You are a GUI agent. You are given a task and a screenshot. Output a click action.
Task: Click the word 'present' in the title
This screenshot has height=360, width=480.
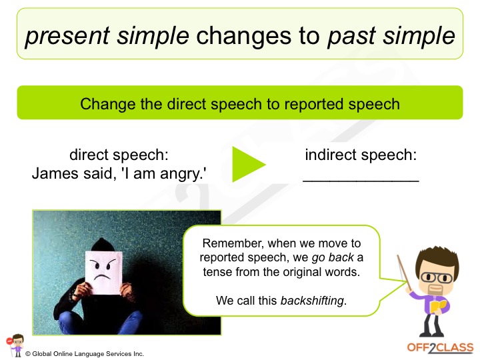pyautogui.click(x=67, y=37)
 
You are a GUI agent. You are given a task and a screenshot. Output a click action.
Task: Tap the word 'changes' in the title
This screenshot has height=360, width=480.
pyautogui.click(x=244, y=36)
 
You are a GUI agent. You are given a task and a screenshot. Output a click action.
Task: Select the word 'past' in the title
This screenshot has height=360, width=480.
pyautogui.click(x=351, y=37)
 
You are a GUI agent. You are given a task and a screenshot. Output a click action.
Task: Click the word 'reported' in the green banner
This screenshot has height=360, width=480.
pyautogui.click(x=314, y=105)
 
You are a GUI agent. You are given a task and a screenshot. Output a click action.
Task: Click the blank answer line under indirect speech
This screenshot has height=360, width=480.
pyautogui.click(x=361, y=181)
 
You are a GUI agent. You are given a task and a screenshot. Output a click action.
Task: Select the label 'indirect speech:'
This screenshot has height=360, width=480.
pyautogui.click(x=361, y=155)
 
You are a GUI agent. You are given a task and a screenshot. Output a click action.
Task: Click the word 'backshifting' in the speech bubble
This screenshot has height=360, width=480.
pyautogui.click(x=312, y=301)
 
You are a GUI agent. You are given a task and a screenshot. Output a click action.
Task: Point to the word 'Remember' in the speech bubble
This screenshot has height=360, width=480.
pyautogui.click(x=232, y=243)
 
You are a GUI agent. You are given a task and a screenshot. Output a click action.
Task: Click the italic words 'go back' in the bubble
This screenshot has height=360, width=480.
pyautogui.click(x=333, y=258)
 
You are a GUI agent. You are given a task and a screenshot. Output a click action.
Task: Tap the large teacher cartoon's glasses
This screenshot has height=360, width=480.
pyautogui.click(x=437, y=277)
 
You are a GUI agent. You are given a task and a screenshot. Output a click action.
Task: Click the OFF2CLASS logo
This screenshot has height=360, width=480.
pyautogui.click(x=440, y=348)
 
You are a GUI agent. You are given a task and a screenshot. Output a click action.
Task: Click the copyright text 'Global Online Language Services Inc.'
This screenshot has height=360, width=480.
pyautogui.click(x=88, y=354)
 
